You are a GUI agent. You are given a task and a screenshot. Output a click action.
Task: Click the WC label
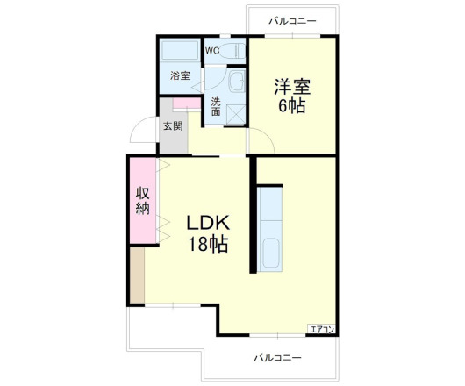pos(211,51)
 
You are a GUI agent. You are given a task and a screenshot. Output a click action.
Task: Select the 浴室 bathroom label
pos(180,76)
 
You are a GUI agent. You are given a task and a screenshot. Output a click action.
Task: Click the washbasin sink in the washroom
pos(236,83)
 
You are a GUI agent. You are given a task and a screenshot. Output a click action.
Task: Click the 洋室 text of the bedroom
pos(292,88)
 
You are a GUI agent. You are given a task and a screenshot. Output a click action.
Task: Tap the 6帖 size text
pos(292,107)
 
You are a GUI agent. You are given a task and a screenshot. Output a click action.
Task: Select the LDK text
pos(206,224)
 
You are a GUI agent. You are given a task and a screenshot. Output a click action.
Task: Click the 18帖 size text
pos(206,245)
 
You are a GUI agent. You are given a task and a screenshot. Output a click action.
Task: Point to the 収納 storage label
pos(142,202)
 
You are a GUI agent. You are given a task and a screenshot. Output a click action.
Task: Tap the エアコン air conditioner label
pos(321,329)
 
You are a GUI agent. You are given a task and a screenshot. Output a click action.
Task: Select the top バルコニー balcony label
pos(291,19)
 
